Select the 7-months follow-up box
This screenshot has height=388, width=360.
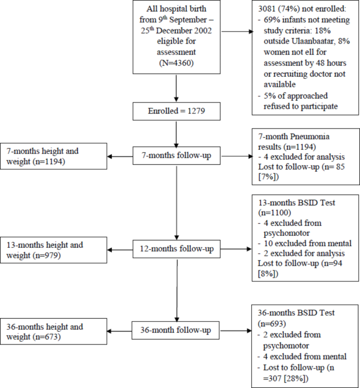[177, 156]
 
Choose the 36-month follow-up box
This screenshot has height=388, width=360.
[177, 331]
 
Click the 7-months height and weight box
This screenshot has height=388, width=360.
[54, 156]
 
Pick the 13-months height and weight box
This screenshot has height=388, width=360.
[54, 250]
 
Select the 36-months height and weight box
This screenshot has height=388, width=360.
[54, 331]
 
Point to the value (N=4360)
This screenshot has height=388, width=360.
[177, 62]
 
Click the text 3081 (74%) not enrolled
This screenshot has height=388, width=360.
[297, 9]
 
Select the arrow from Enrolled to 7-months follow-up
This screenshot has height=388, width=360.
[177, 134]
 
